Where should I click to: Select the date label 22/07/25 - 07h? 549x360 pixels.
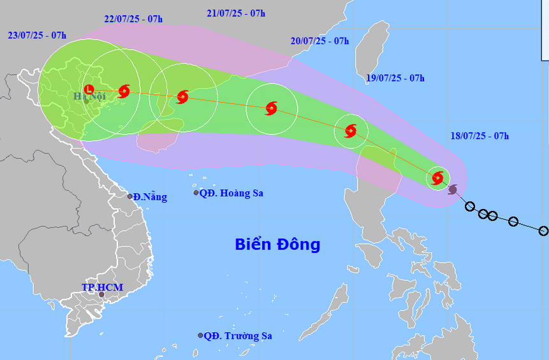[133, 18]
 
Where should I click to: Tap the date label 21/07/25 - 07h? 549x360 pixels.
[236, 13]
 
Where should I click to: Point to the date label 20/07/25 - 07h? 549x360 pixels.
[319, 41]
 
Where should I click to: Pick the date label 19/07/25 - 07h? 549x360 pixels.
[395, 78]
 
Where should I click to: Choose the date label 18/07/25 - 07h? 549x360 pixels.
[479, 135]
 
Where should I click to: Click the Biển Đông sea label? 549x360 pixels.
[277, 244]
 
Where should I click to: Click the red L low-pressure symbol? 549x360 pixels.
[89, 89]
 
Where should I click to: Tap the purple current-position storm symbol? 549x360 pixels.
[453, 189]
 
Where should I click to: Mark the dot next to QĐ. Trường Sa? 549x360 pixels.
[200, 335]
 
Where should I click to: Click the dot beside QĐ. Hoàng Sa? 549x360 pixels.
[196, 193]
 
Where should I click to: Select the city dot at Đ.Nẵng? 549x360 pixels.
[130, 196]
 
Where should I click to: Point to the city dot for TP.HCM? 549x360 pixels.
[101, 294]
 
